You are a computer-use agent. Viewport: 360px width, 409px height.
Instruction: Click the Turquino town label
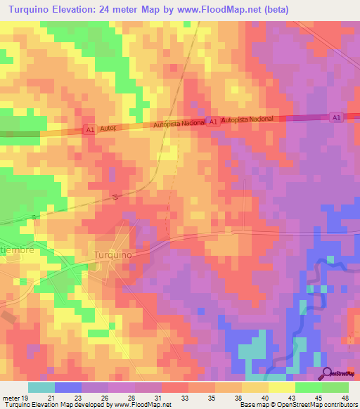pyautogui.click(x=112, y=255)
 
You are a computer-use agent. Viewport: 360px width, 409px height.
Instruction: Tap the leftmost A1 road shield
pyautogui.click(x=89, y=130)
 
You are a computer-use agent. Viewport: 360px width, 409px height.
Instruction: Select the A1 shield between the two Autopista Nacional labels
pyautogui.click(x=213, y=122)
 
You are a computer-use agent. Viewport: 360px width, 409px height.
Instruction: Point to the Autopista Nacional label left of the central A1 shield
pyautogui.click(x=181, y=123)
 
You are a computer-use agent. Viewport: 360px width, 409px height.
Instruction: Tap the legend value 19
pyautogui.click(x=24, y=398)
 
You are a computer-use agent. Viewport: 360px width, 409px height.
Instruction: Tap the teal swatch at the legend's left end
pyautogui.click(x=41, y=387)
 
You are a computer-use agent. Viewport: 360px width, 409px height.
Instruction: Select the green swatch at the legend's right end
pyautogui.click(x=335, y=387)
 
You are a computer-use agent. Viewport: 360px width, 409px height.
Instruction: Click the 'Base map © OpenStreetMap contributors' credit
pyautogui.click(x=297, y=405)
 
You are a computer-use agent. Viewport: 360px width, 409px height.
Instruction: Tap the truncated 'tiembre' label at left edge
pyautogui.click(x=17, y=249)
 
